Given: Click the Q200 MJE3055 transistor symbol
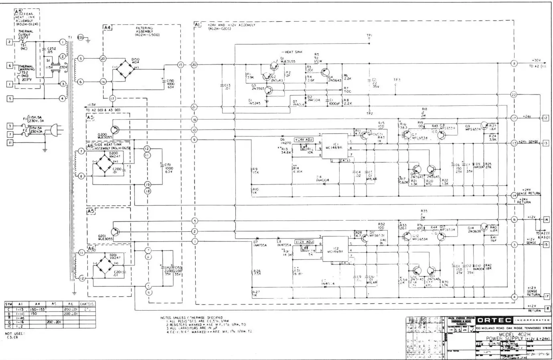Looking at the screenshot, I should [115, 130].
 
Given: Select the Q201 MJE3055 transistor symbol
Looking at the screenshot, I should [115, 232].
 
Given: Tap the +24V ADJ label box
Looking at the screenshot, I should [304, 140].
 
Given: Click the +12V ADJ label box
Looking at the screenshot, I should [304, 242].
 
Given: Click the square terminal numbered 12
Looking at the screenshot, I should [545, 118].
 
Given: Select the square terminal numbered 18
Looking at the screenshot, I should [547, 309].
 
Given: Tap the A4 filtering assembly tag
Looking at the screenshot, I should [107, 27].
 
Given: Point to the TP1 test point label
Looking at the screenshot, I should [369, 35].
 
